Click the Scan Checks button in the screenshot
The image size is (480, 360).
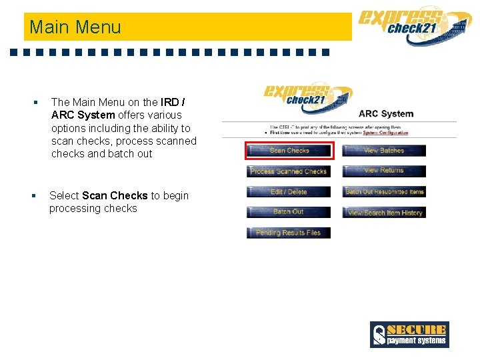pos(289,151)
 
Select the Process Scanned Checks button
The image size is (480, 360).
pos(289,171)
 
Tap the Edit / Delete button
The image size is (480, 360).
pos(289,192)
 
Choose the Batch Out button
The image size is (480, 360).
pos(289,212)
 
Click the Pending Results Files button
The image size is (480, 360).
pos(289,233)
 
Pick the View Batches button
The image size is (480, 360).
pos(384,151)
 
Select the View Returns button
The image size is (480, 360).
pos(384,171)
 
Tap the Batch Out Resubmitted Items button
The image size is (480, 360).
pos(384,192)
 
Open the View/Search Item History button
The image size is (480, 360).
pos(384,213)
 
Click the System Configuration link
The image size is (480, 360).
pos(385,133)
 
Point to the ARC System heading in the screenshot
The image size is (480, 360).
pos(386,113)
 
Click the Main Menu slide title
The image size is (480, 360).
pos(75,27)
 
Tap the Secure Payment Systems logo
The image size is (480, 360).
pos(409,335)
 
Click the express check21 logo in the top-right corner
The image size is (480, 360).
pos(413,25)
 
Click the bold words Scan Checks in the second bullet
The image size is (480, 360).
pos(115,195)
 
